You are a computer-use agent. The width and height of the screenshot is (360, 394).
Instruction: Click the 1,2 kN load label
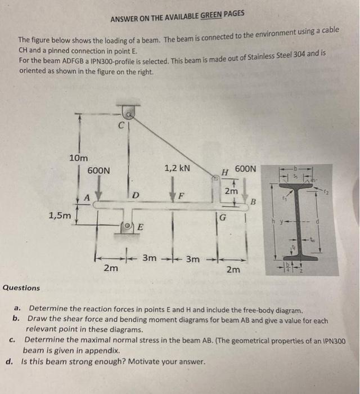(177, 168)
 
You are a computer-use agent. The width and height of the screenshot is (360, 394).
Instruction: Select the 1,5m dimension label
(60, 214)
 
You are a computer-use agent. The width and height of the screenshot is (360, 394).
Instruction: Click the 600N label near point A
(99, 170)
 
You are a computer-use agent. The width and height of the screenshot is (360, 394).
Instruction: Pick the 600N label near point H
(245, 168)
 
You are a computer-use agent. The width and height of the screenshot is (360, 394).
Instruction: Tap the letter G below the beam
(223, 217)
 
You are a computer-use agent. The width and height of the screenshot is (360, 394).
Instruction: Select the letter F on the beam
(181, 196)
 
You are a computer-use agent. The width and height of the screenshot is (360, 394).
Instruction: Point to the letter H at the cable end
(224, 171)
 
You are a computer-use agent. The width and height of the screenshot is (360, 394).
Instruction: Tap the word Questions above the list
(21, 288)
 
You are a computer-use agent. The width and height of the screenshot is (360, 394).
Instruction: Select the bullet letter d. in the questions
(9, 361)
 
